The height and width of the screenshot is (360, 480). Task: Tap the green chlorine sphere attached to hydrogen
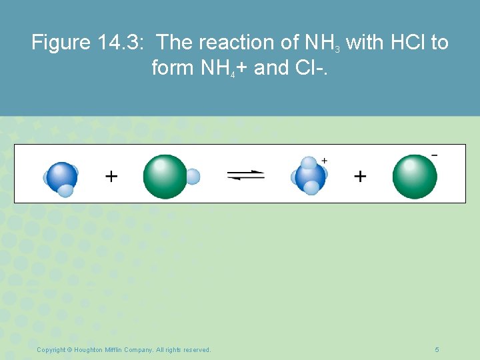tap(165, 177)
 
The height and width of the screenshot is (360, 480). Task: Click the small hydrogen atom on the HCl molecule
tap(192, 177)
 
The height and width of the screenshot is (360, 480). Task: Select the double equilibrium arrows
tap(245, 176)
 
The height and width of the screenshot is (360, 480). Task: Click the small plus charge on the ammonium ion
tap(325, 161)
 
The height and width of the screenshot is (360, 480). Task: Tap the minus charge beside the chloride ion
tap(435, 155)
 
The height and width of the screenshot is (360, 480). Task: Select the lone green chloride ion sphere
tap(415, 177)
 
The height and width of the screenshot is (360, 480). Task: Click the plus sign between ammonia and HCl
tap(111, 176)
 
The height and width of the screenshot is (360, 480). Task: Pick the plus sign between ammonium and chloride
tap(360, 176)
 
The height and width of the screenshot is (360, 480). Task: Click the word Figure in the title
tap(61, 43)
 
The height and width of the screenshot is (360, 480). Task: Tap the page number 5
tap(437, 350)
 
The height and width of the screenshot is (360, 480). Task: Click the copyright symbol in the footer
tap(70, 350)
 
